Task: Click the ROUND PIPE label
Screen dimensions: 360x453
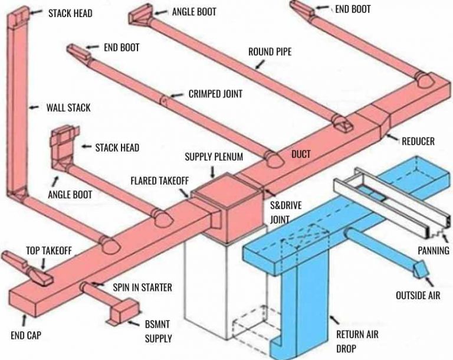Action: click(270, 52)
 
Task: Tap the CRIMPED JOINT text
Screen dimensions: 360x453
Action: click(215, 94)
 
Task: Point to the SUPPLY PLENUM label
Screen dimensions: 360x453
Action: click(214, 157)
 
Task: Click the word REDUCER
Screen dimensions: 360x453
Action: click(418, 141)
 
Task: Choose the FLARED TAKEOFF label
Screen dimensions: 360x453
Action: click(159, 180)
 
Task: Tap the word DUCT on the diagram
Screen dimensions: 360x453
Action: click(301, 155)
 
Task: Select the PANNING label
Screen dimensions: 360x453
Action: click(434, 251)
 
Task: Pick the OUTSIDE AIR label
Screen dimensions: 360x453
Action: click(418, 294)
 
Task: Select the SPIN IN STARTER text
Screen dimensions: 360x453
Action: click(142, 288)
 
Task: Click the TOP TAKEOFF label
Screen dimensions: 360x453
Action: click(49, 251)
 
